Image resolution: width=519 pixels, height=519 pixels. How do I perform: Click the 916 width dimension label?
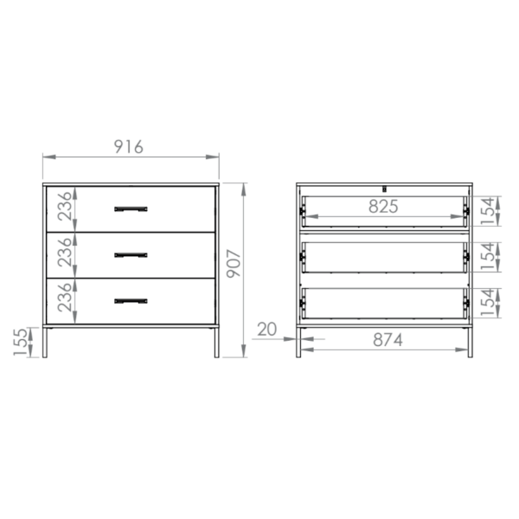(x=128, y=147)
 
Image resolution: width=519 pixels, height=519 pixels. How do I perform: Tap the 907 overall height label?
(x=234, y=264)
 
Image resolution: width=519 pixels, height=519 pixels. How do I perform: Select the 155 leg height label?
(x=20, y=343)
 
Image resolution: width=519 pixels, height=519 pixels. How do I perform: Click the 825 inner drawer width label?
(x=383, y=206)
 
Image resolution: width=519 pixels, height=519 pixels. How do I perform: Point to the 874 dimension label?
(x=388, y=340)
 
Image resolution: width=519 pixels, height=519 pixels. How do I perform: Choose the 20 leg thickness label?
(x=266, y=330)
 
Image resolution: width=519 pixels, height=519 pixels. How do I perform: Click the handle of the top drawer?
(x=131, y=209)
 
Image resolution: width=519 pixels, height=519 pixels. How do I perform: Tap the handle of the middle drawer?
(x=131, y=255)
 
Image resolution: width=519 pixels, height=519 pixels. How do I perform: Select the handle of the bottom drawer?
(x=131, y=301)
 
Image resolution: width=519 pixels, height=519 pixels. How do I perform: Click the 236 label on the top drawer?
(x=65, y=206)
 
